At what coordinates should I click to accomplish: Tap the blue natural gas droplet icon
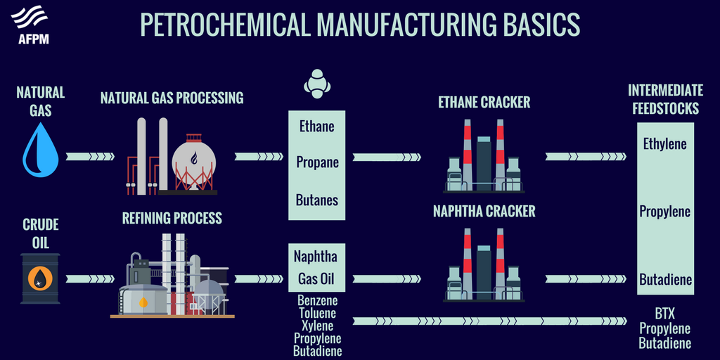40,149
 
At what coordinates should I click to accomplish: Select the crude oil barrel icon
40,278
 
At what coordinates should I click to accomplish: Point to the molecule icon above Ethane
316,82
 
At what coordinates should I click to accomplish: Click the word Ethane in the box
316,127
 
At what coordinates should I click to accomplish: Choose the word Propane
317,162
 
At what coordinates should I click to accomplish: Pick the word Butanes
316,200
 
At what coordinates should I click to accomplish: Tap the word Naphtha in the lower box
316,256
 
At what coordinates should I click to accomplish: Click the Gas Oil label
316,278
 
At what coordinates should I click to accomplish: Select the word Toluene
317,314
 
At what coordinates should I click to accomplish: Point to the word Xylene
317,326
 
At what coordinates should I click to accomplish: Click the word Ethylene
664,144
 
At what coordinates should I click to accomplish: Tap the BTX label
664,314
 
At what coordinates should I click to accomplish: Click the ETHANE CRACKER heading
484,103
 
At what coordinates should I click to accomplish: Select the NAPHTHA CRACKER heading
484,211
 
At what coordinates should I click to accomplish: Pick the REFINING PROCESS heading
172,218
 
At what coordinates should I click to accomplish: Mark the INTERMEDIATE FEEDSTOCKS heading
664,99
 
